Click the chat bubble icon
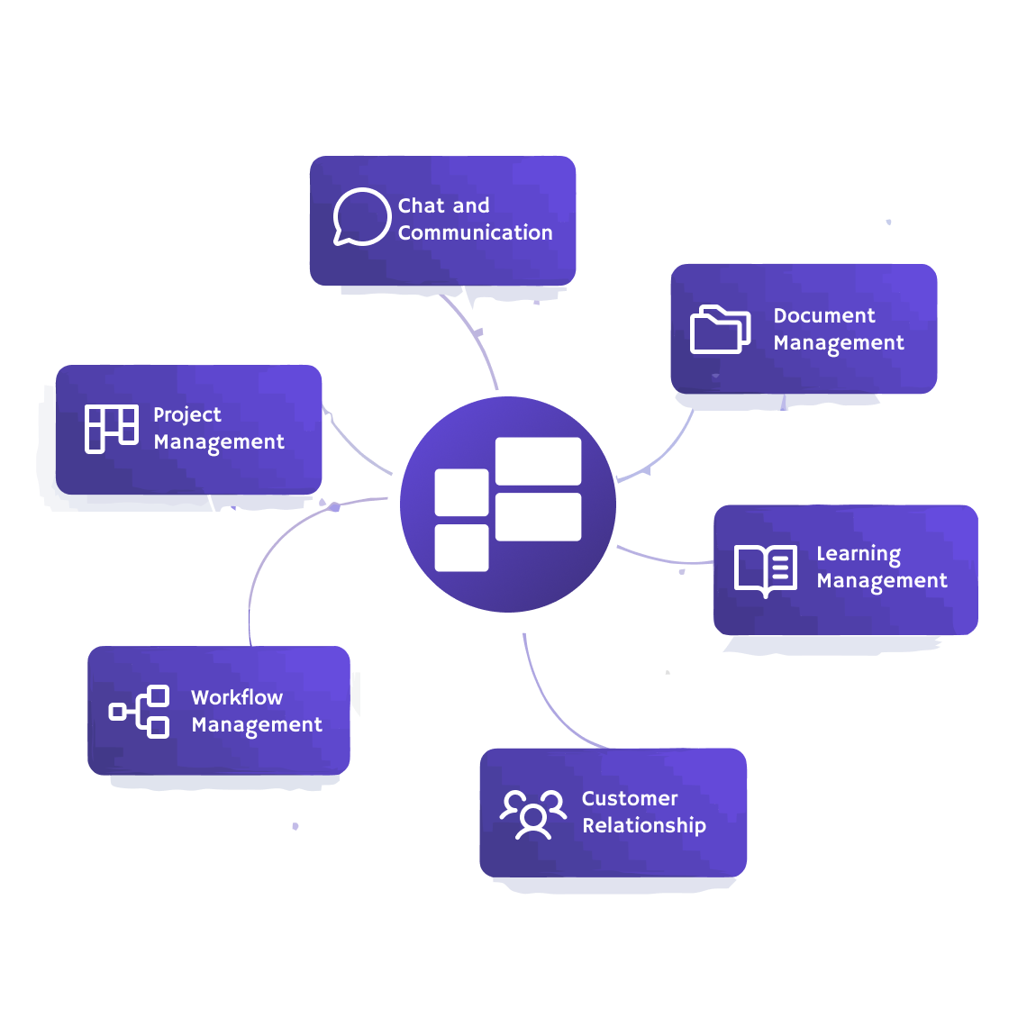tap(360, 216)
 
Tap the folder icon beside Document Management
tap(720, 329)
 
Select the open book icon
tap(765, 569)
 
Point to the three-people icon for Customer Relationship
tap(532, 813)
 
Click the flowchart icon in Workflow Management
tap(140, 712)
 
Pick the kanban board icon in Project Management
tap(111, 429)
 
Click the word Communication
tap(475, 232)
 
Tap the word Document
tap(823, 315)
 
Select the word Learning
tap(858, 554)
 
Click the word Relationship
tap(643, 825)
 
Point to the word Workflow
tap(236, 697)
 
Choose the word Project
tap(186, 415)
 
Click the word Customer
tap(629, 798)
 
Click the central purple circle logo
tap(508, 504)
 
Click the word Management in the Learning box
tap(881, 581)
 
